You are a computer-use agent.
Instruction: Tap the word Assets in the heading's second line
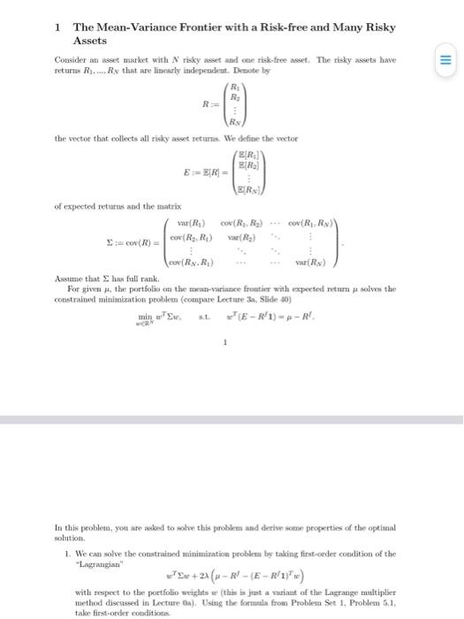click(89, 41)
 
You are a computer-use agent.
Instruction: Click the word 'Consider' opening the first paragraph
click(71, 60)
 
